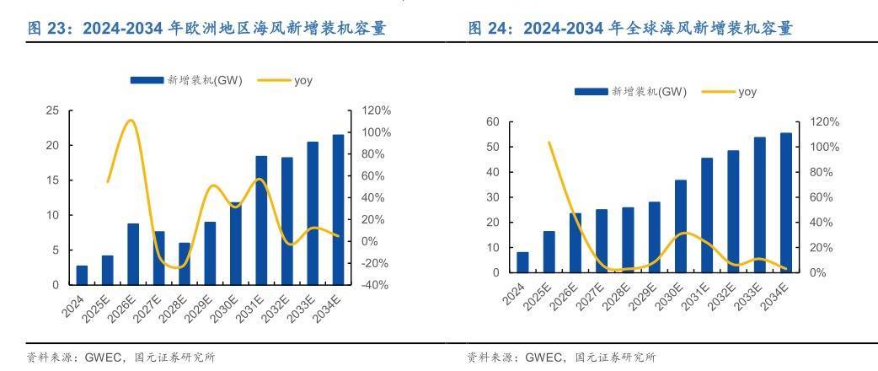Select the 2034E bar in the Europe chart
339,210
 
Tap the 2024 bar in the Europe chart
82,275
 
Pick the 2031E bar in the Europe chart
261,220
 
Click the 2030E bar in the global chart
681,226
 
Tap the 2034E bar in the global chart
786,202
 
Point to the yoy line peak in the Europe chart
130,121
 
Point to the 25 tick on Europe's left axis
52,110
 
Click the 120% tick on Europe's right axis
376,110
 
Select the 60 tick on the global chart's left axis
494,122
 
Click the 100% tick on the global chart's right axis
823,147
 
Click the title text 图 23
48,30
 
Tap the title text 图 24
488,30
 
